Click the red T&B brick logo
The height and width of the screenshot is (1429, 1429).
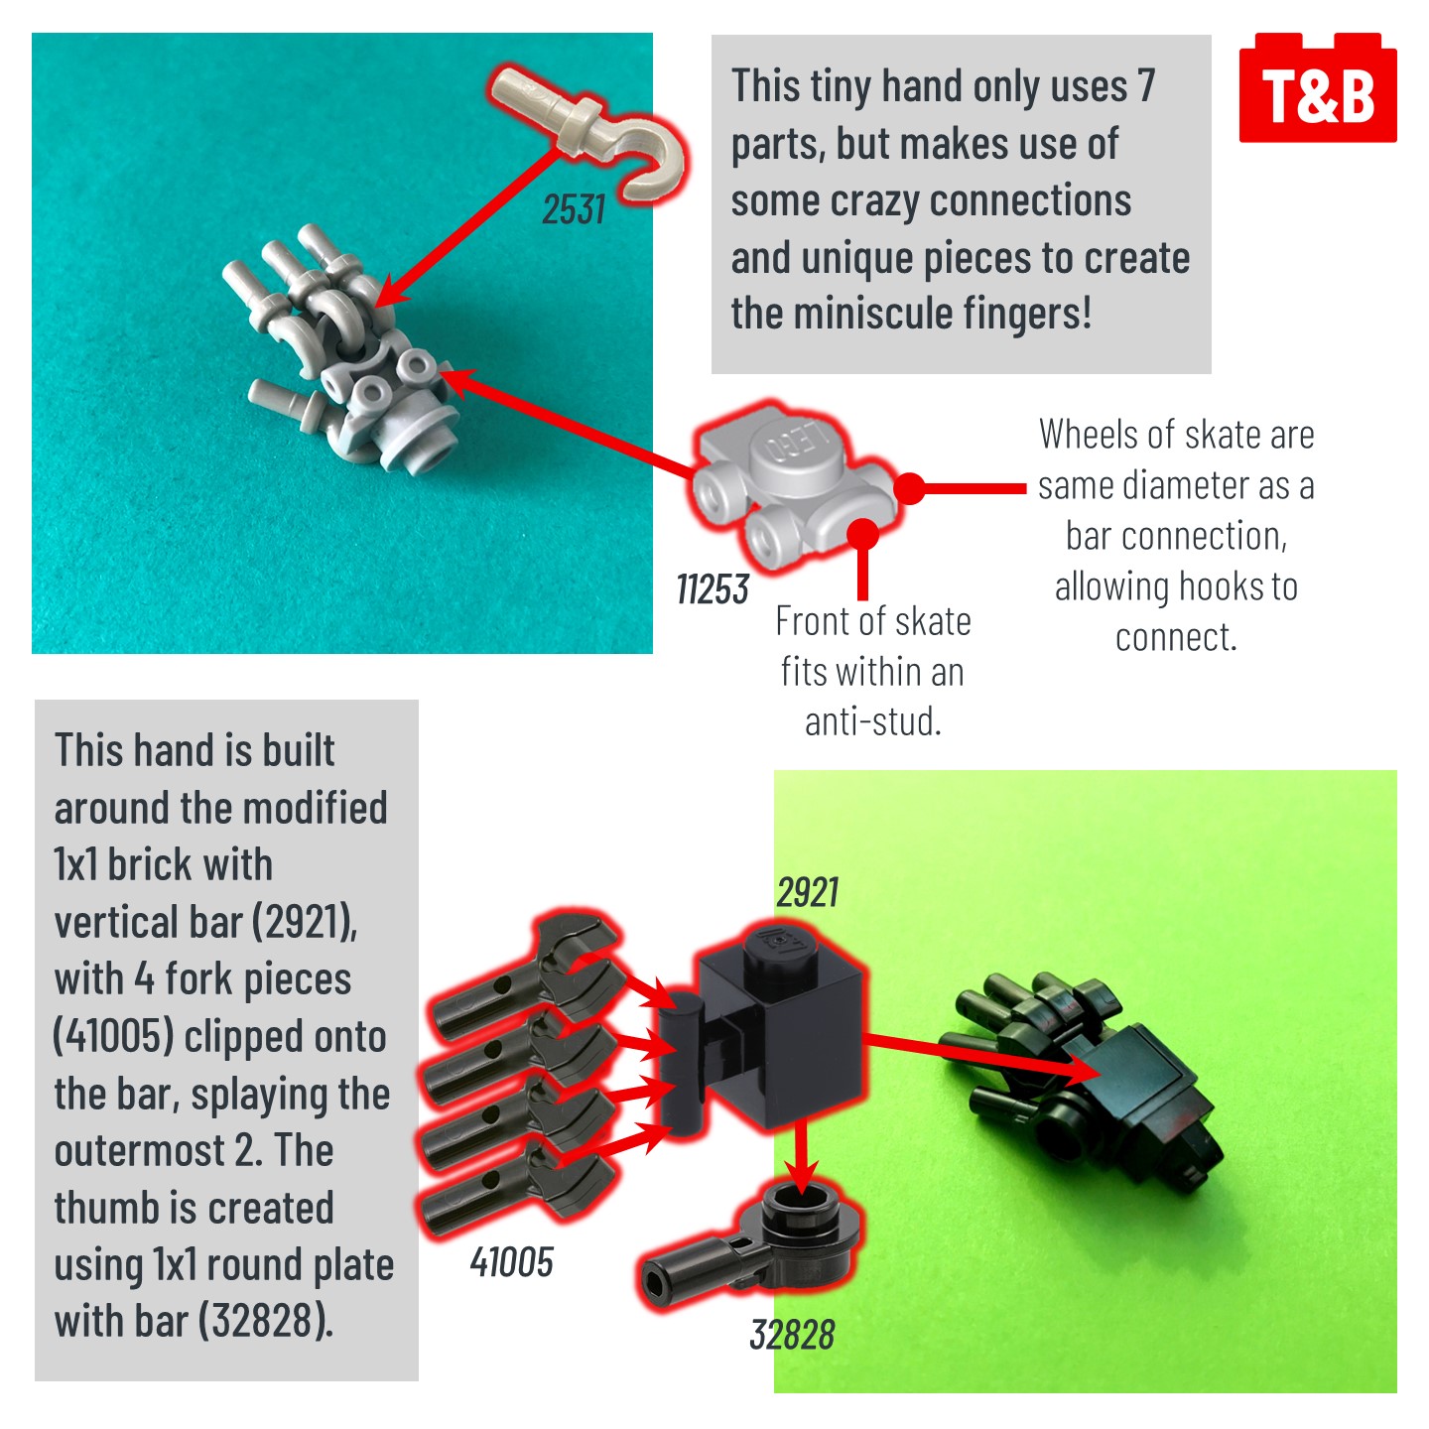click(x=1318, y=87)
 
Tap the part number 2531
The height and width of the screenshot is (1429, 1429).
click(x=574, y=209)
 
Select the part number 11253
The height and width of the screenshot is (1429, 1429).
click(x=713, y=589)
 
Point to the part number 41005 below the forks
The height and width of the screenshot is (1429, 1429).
click(x=512, y=1262)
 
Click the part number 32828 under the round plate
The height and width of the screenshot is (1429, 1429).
click(x=792, y=1335)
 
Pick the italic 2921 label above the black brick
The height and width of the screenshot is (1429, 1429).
click(x=808, y=892)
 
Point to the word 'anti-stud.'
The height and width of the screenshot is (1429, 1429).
click(x=873, y=721)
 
